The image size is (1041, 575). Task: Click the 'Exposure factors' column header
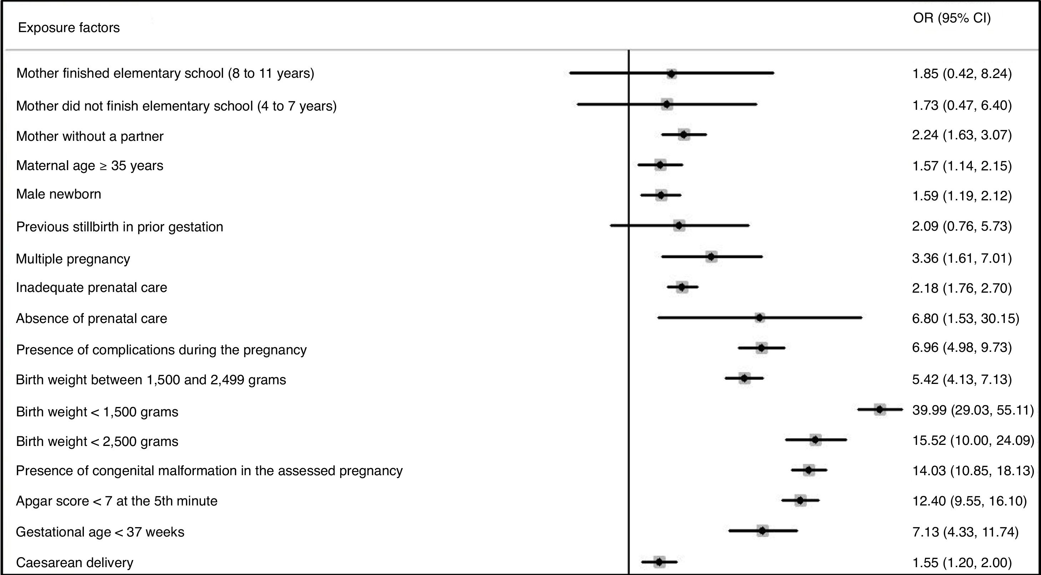click(x=69, y=27)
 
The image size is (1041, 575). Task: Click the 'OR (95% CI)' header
click(x=952, y=18)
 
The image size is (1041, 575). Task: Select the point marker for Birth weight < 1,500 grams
click(x=880, y=410)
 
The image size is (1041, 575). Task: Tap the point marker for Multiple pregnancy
click(x=711, y=257)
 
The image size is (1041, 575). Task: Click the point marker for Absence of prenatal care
click(x=760, y=318)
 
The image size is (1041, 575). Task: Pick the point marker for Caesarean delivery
click(x=660, y=562)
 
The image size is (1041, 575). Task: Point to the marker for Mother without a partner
click(x=684, y=134)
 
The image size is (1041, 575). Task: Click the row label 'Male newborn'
click(x=59, y=194)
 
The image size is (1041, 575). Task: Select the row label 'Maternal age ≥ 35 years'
click(x=90, y=165)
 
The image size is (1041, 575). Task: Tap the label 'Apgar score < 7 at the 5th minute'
click(x=117, y=501)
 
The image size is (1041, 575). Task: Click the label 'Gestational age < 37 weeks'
click(x=100, y=532)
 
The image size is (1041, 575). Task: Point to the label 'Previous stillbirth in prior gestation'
click(x=120, y=227)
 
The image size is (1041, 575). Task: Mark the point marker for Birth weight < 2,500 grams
click(x=815, y=440)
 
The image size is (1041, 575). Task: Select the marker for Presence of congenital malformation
click(x=809, y=470)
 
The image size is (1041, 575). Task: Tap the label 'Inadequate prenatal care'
click(x=91, y=287)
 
